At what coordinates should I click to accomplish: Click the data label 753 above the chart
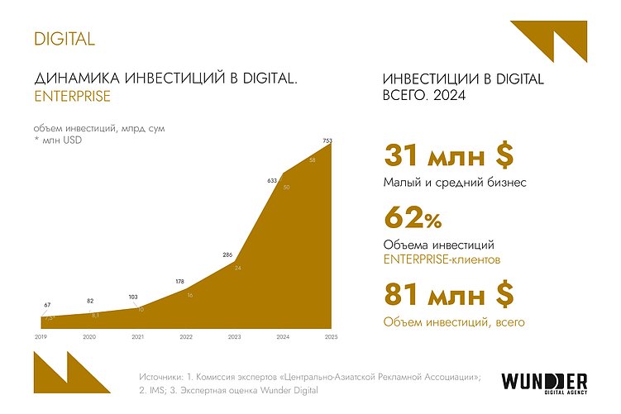coord(327,141)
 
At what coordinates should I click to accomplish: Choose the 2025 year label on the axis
coord(332,336)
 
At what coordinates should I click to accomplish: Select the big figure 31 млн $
coord(449,155)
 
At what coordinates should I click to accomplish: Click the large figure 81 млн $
coord(449,294)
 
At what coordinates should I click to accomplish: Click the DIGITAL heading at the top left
coord(64,38)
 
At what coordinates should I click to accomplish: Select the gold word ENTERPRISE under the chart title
coord(72,97)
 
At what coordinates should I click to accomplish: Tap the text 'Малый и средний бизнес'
coord(454,183)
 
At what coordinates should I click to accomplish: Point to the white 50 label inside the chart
coord(286,188)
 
